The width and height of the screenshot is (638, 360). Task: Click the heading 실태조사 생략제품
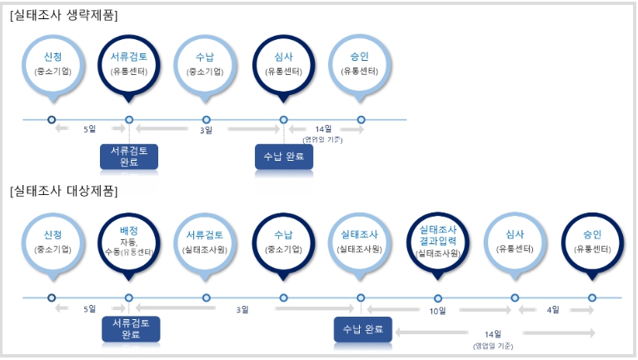coord(63,15)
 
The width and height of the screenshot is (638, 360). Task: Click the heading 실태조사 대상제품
coord(63,191)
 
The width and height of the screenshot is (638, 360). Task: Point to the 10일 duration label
coord(438,310)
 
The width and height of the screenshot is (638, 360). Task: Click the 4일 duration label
coord(553,310)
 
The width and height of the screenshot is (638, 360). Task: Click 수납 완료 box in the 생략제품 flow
coord(283,157)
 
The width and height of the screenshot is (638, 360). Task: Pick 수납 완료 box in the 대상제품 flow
coord(363,329)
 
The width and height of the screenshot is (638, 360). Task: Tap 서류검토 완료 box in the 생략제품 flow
coord(129,157)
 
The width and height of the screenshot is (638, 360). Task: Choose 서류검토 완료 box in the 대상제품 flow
coord(130,329)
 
